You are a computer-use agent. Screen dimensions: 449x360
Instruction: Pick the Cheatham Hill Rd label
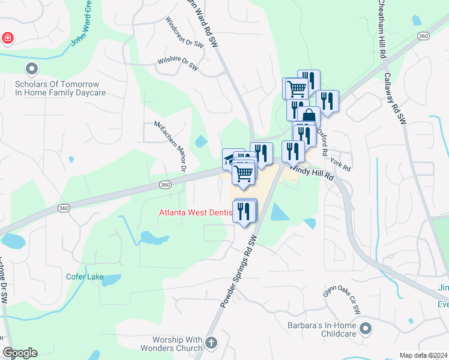click(x=382, y=29)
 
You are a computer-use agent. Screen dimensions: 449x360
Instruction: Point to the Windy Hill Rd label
click(x=312, y=173)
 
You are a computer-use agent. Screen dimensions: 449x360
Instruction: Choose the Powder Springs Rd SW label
click(x=239, y=271)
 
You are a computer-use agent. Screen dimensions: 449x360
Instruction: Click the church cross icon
click(x=211, y=343)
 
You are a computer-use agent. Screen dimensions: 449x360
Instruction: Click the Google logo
click(x=20, y=353)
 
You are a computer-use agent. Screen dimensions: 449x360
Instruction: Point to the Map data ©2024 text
click(x=423, y=355)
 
